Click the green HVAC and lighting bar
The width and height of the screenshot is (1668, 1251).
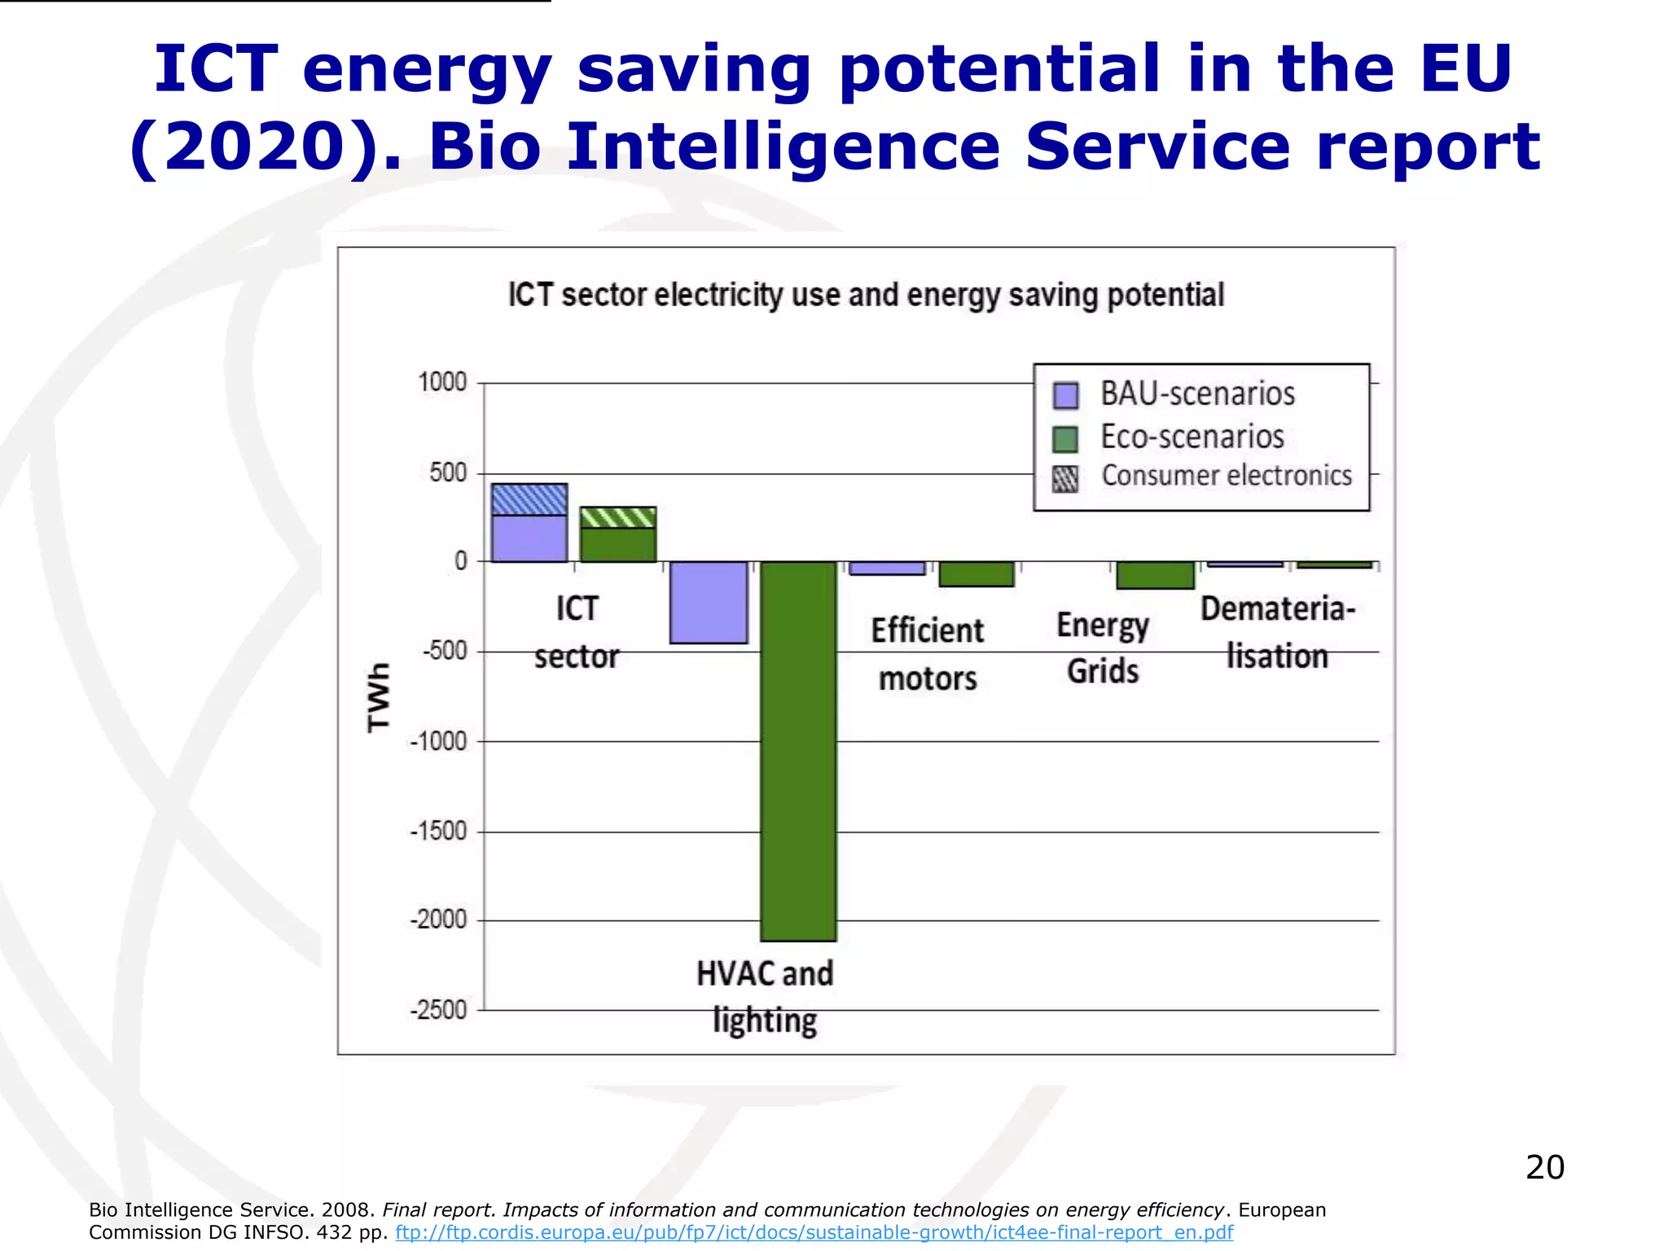pyautogui.click(x=798, y=749)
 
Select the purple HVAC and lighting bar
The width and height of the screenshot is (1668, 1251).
pyautogui.click(x=709, y=602)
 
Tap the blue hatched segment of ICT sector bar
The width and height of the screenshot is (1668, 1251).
pyautogui.click(x=529, y=499)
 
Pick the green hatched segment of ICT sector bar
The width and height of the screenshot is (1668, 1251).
pyautogui.click(x=618, y=517)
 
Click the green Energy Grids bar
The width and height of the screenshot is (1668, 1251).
pyautogui.click(x=1155, y=575)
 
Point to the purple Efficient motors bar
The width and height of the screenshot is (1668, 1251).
pyautogui.click(x=887, y=568)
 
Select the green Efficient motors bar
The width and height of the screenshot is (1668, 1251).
pyautogui.click(x=977, y=574)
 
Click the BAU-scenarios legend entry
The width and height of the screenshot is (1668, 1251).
pyautogui.click(x=1197, y=394)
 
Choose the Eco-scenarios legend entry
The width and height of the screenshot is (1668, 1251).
pyautogui.click(x=1192, y=437)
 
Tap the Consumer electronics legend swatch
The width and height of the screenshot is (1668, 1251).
pyautogui.click(x=1065, y=479)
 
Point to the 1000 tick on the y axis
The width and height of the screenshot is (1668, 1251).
pyautogui.click(x=442, y=382)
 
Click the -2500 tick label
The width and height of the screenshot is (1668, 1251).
pyautogui.click(x=439, y=1010)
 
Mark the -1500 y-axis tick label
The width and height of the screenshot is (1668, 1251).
pyautogui.click(x=439, y=832)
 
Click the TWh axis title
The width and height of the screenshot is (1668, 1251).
pyautogui.click(x=379, y=697)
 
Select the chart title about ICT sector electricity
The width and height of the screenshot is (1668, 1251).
pyautogui.click(x=866, y=295)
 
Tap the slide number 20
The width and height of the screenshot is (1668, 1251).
pyautogui.click(x=1544, y=1167)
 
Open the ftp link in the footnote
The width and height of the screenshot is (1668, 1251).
pyautogui.click(x=814, y=1232)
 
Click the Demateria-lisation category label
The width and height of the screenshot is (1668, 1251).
pyautogui.click(x=1277, y=632)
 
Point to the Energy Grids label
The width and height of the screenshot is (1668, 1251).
pyautogui.click(x=1103, y=648)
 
